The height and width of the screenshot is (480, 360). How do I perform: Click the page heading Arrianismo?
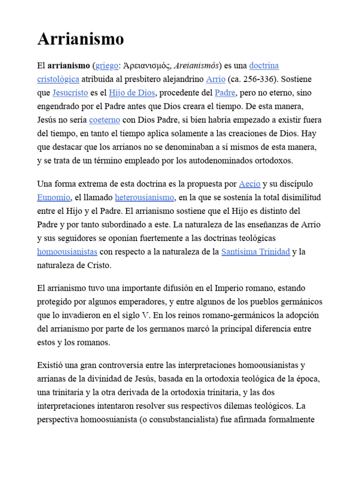[81, 39]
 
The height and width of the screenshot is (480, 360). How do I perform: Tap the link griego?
[106, 66]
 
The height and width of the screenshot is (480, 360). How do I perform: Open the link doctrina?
[264, 66]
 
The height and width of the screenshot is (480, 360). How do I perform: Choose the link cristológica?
[58, 79]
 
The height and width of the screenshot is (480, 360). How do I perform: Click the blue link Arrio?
[216, 79]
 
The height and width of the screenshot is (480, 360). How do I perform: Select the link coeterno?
[105, 120]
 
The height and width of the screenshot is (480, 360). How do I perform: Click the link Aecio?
[249, 184]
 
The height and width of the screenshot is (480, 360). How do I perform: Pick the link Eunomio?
[54, 197]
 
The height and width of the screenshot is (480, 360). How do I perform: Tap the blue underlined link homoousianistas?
[67, 252]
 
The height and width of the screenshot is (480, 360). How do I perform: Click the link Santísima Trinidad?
[255, 252]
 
